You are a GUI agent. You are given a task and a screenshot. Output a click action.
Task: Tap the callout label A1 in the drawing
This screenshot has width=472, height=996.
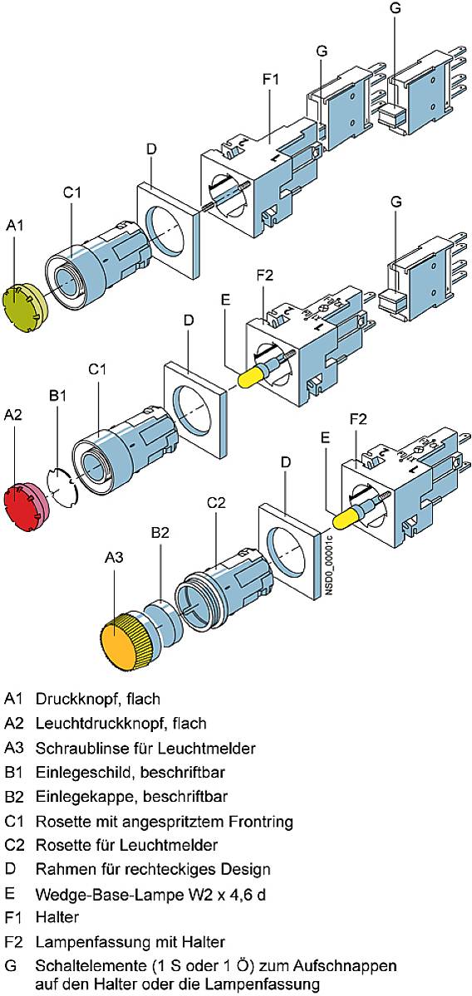coord(16,225)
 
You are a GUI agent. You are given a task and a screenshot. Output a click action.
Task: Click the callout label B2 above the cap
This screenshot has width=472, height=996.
coord(160,533)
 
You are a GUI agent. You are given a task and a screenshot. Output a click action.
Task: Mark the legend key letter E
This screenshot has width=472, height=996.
coord(9,894)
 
